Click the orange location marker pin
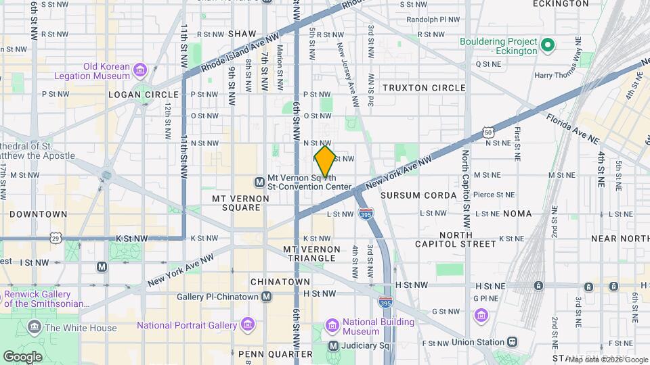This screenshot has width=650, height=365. (x=325, y=161)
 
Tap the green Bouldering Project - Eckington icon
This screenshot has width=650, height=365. (x=548, y=47)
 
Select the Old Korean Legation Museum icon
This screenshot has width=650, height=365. (x=140, y=70)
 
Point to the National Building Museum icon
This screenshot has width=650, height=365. (x=332, y=326)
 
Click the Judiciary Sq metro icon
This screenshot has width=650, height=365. (x=333, y=346)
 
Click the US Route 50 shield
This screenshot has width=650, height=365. (x=487, y=133)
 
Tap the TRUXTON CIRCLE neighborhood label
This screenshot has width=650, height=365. (x=424, y=88)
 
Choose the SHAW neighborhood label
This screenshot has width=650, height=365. (x=242, y=33)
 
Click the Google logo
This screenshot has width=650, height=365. (x=22, y=356)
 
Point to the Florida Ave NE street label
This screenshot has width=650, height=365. (x=573, y=128)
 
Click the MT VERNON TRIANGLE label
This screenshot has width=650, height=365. (x=311, y=253)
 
